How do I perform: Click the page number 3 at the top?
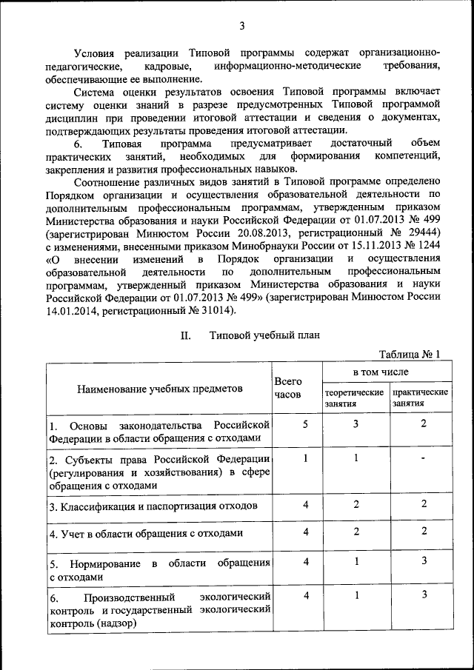coord(241,27)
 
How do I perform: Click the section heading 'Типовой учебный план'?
coord(264,335)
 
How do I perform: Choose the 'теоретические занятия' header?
coord(353,398)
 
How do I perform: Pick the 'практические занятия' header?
coord(421,398)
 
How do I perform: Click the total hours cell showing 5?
coord(305,423)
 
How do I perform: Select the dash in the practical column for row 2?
coord(423,458)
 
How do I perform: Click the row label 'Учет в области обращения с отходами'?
coord(146,533)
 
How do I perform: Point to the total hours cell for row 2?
coord(305,458)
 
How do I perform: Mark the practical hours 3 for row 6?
coord(424,594)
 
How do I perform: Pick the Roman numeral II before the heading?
coord(187,335)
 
